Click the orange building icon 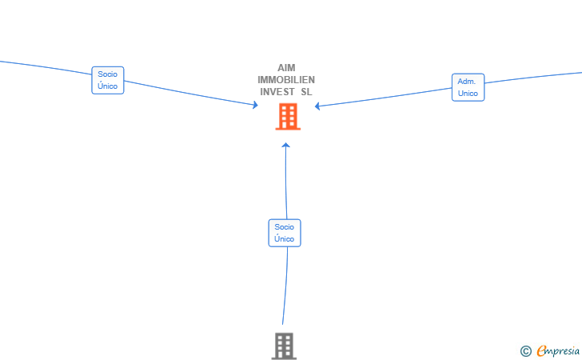(x=288, y=117)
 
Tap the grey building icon (x=284, y=346)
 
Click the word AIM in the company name (x=286, y=68)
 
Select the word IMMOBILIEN (x=286, y=80)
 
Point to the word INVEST (x=277, y=92)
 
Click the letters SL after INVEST (x=307, y=92)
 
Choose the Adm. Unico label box (x=468, y=87)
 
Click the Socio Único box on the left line (x=108, y=80)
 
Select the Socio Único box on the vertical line (x=285, y=233)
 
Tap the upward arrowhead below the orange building (x=285, y=146)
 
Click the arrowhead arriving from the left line (x=255, y=105)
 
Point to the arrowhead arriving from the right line (x=317, y=106)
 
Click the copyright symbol (x=525, y=351)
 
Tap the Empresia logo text (x=558, y=350)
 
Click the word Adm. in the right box (x=467, y=82)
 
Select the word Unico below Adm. (x=468, y=94)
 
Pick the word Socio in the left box (x=108, y=74)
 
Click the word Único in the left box (x=108, y=86)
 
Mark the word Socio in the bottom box (x=285, y=227)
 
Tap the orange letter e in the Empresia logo (x=541, y=350)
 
